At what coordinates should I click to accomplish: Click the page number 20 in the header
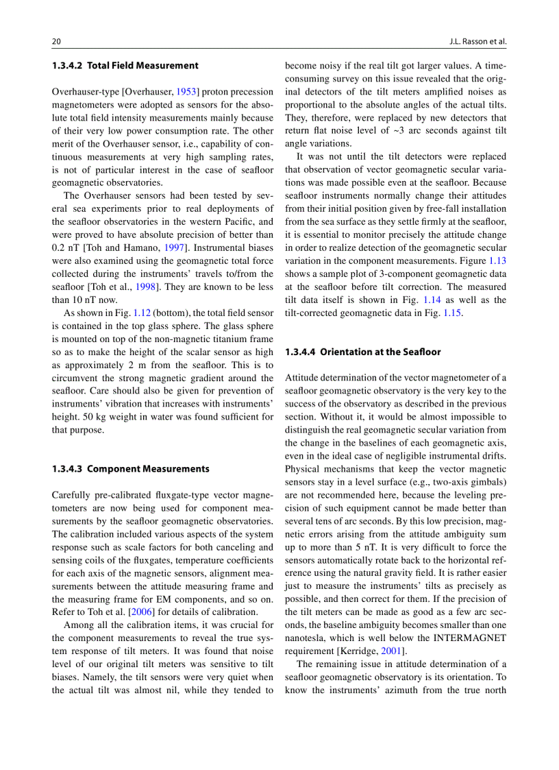(x=56, y=41)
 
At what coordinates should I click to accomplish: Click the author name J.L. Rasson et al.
(x=477, y=41)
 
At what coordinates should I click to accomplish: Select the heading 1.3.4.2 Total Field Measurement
(x=125, y=66)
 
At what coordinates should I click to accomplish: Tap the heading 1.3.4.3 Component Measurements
(x=131, y=469)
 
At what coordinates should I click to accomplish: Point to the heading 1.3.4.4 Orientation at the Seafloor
(x=363, y=352)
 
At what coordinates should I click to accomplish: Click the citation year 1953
(x=188, y=91)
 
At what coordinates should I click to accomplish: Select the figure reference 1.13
(x=497, y=261)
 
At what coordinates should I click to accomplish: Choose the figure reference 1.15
(x=453, y=313)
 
